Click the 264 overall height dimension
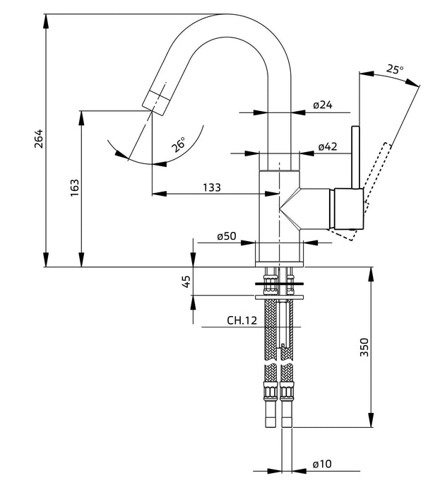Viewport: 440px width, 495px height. (38, 139)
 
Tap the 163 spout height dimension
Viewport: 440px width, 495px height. (74, 188)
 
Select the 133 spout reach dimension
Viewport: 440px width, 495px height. (212, 187)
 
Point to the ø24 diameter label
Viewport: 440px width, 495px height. (323, 105)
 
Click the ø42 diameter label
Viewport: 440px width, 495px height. (328, 146)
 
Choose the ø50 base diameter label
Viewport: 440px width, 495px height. (226, 235)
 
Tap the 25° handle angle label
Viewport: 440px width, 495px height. (395, 69)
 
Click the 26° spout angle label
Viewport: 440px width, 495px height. (179, 144)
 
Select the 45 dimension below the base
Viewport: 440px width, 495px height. (186, 281)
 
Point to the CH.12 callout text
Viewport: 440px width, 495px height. (242, 321)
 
